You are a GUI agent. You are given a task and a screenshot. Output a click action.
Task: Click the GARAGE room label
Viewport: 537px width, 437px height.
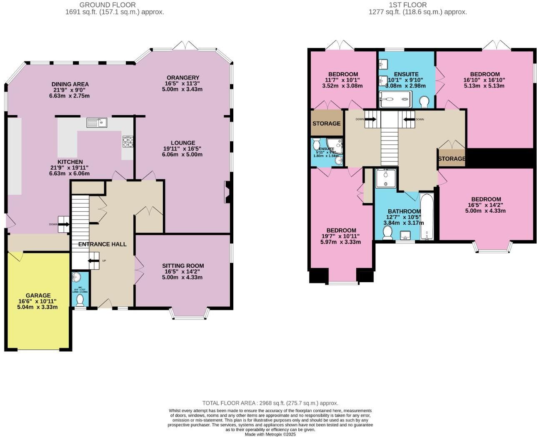(38, 295)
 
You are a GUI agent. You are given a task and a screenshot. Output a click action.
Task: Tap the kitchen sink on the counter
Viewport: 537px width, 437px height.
(97, 122)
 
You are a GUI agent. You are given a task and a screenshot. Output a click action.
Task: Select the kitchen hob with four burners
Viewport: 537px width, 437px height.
(127, 142)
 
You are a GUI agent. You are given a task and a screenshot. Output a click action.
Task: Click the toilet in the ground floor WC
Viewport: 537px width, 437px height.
(80, 300)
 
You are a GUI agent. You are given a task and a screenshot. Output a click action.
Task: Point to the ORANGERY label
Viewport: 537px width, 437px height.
(183, 78)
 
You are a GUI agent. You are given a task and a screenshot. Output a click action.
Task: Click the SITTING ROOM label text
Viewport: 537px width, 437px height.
(183, 266)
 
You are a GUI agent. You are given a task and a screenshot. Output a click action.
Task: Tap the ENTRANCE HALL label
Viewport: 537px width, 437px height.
(102, 244)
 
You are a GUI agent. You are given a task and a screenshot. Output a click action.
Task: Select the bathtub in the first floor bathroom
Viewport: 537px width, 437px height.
(427, 217)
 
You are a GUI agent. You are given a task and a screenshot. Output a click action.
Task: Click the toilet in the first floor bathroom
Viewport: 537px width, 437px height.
(388, 233)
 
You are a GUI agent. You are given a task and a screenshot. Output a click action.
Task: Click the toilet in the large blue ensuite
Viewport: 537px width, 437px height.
(424, 101)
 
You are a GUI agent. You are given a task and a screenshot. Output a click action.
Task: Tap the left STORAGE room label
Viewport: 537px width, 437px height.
(327, 123)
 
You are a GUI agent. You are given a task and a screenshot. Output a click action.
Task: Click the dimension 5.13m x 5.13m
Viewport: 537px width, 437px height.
(484, 86)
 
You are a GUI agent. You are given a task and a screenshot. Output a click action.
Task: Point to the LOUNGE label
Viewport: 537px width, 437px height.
(183, 143)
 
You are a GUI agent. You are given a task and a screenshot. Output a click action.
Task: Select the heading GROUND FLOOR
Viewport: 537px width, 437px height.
(107, 5)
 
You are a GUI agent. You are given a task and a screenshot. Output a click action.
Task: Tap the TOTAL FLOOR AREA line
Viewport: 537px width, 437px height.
(270, 403)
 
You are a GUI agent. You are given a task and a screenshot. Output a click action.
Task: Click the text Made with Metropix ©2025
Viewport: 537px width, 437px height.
(270, 434)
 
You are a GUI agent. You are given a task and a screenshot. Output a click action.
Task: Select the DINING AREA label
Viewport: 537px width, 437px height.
(70, 84)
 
